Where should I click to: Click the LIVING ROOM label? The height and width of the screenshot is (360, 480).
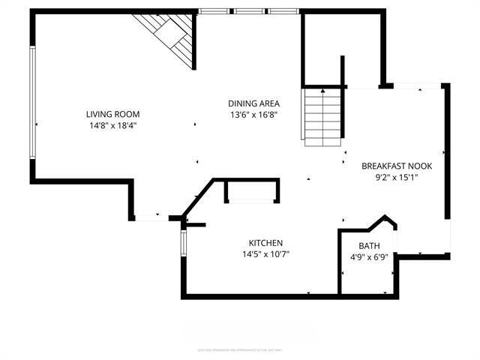click(x=112, y=114)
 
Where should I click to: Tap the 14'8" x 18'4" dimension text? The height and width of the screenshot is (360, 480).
click(x=112, y=125)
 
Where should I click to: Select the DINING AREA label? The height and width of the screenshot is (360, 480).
click(x=254, y=103)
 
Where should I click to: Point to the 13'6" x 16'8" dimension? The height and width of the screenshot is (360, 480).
click(x=254, y=115)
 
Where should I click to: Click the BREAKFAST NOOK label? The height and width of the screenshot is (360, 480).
click(x=397, y=166)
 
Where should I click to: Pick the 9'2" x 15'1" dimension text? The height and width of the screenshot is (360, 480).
click(x=397, y=178)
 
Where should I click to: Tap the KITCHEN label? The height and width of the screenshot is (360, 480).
click(x=265, y=242)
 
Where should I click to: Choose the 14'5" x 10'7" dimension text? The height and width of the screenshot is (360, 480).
click(x=265, y=254)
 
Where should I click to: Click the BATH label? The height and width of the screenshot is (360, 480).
click(x=369, y=246)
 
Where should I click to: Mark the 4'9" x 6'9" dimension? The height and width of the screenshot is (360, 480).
click(x=369, y=257)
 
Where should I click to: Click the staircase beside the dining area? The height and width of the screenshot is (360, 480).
click(x=323, y=116)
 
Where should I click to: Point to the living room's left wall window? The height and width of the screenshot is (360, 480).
click(x=32, y=103)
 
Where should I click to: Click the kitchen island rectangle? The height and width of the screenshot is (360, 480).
click(x=252, y=191)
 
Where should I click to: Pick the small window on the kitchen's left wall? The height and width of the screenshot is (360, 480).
click(x=182, y=243)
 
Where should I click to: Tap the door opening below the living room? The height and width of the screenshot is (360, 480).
click(x=152, y=217)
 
